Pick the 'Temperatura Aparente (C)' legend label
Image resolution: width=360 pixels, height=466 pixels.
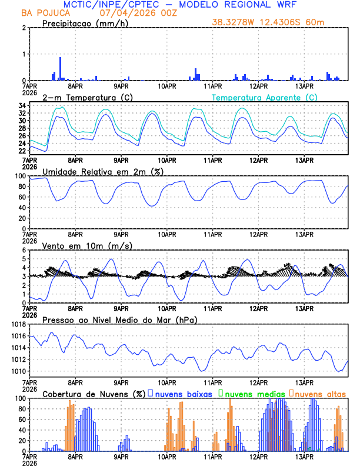[x=265, y=97]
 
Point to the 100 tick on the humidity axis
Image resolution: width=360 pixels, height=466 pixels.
[x=19, y=176]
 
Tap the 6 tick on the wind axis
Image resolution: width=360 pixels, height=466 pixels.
[x=23, y=250]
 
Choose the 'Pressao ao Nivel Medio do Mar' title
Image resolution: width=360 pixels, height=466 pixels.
[x=120, y=319]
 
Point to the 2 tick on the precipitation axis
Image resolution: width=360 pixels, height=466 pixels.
[x=23, y=28]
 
